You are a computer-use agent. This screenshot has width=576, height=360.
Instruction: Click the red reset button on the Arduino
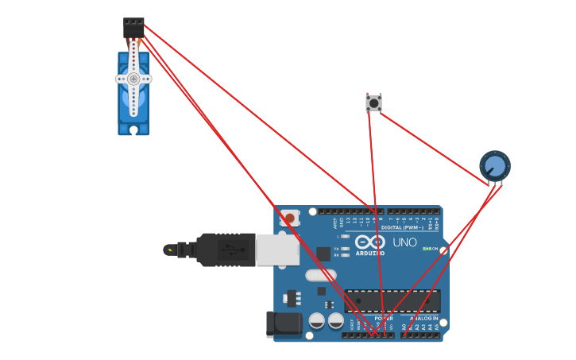click(x=289, y=218)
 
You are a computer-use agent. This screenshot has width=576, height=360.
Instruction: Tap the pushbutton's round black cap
click(x=373, y=103)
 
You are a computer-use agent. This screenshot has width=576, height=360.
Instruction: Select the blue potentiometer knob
click(x=494, y=166)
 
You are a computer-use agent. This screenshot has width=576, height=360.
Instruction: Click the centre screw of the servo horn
click(x=133, y=79)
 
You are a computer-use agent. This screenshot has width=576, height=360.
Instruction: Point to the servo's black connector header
click(x=133, y=28)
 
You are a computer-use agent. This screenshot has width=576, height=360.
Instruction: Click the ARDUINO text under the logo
click(x=370, y=254)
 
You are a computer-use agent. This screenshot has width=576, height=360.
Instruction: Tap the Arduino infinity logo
click(x=370, y=242)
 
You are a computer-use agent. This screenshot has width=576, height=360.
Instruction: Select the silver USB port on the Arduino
click(x=277, y=250)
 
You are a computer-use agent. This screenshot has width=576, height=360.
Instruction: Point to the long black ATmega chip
click(x=392, y=301)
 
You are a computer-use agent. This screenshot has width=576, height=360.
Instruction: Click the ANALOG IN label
click(x=423, y=318)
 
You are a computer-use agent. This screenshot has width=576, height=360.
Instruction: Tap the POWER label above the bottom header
click(x=384, y=318)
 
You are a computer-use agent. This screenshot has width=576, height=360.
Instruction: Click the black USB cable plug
click(x=226, y=250)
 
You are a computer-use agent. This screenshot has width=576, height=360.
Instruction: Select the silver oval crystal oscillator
click(x=320, y=276)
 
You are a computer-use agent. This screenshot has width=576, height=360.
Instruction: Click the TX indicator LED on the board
click(x=345, y=249)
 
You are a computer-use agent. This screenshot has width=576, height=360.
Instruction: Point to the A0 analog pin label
click(x=404, y=327)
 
